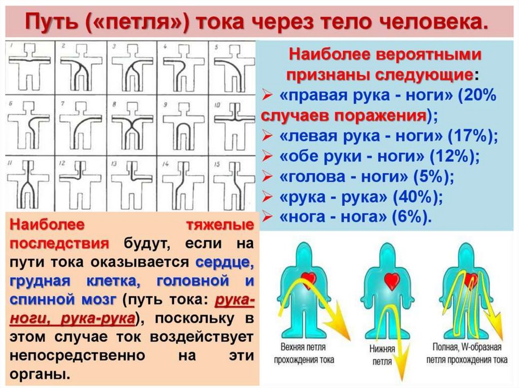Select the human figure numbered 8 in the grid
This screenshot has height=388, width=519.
point(132,121)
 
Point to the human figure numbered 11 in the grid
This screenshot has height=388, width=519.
point(30,180)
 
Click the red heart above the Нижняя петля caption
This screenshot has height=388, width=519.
point(391,280)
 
